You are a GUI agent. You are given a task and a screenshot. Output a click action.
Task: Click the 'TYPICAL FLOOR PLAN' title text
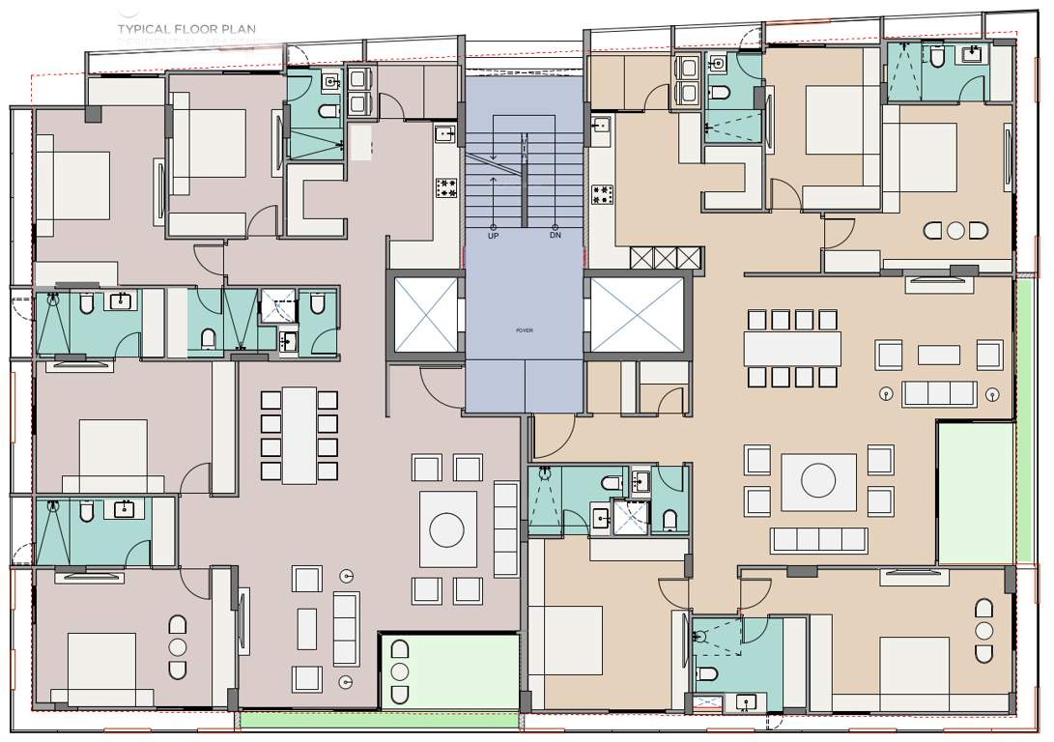pos(186,29)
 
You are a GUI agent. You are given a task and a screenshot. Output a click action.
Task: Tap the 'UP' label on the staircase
pos(494,235)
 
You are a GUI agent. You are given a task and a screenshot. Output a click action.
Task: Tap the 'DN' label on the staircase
pos(555,235)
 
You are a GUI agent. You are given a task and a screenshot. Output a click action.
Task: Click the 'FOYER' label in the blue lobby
pos(525,330)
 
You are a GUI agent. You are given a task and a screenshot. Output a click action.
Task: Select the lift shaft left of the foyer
pos(425,314)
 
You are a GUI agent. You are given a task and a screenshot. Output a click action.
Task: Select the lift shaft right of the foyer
pos(637,314)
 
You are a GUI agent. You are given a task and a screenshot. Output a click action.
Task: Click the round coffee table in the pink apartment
pos(447,529)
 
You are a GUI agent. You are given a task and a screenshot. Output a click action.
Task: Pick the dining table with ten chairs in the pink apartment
pos(299,435)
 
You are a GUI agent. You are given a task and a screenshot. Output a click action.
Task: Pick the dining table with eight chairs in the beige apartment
pos(792,348)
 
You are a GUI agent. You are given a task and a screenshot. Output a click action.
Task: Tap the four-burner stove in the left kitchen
pos(446,187)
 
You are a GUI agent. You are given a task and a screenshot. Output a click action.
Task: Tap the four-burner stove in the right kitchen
pos(603,194)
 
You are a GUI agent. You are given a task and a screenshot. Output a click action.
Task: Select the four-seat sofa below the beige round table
pos(818,539)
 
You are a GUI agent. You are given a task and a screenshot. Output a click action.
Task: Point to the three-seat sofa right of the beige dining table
pos(938,393)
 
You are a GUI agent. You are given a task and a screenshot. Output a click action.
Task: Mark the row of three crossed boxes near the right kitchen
pos(665,257)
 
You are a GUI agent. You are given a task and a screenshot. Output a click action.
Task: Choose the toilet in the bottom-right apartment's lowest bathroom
pos(707,673)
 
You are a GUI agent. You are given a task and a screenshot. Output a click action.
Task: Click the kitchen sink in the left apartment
pos(444,134)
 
